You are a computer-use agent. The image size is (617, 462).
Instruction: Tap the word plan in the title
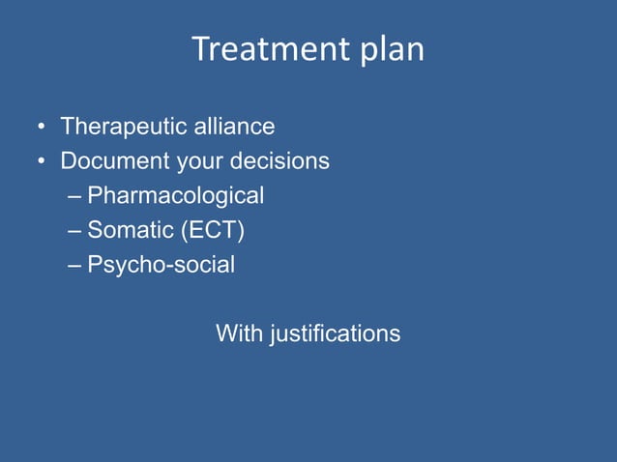coord(393,52)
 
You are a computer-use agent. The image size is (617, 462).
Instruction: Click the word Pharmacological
coord(175,196)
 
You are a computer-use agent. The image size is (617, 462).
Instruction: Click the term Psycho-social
coord(161,265)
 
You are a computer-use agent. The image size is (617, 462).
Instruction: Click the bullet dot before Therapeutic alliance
coord(42,128)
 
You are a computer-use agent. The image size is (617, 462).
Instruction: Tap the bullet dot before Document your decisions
coord(42,161)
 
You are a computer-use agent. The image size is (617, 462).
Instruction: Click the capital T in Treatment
coord(201,49)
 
